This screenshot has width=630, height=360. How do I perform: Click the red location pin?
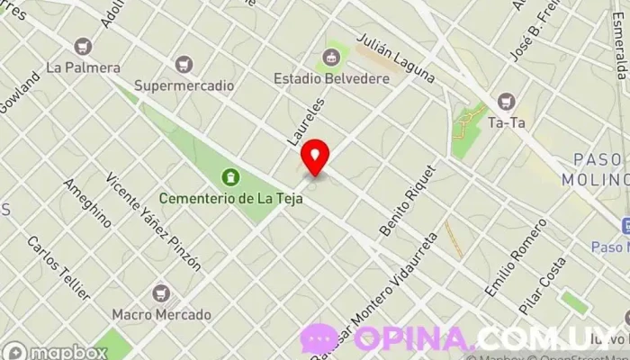pos(315,157)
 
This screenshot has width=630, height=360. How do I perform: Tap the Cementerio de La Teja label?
pos(230,198)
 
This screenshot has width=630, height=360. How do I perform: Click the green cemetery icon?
pos(230,176)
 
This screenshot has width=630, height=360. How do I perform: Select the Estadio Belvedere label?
pos(331,79)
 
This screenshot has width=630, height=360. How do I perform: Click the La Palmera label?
pos(83,67)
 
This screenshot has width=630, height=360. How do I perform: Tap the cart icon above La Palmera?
pos(83,46)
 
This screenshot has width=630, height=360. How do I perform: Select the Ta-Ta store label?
pos(507,122)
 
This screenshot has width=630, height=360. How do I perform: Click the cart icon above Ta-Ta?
pos(507,102)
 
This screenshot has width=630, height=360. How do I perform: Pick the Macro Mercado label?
pos(162,315)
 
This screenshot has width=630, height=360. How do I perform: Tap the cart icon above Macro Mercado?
pos(162,293)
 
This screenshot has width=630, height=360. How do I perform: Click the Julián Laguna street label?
pos(396,58)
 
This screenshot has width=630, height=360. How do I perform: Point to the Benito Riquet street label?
pos(408,200)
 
